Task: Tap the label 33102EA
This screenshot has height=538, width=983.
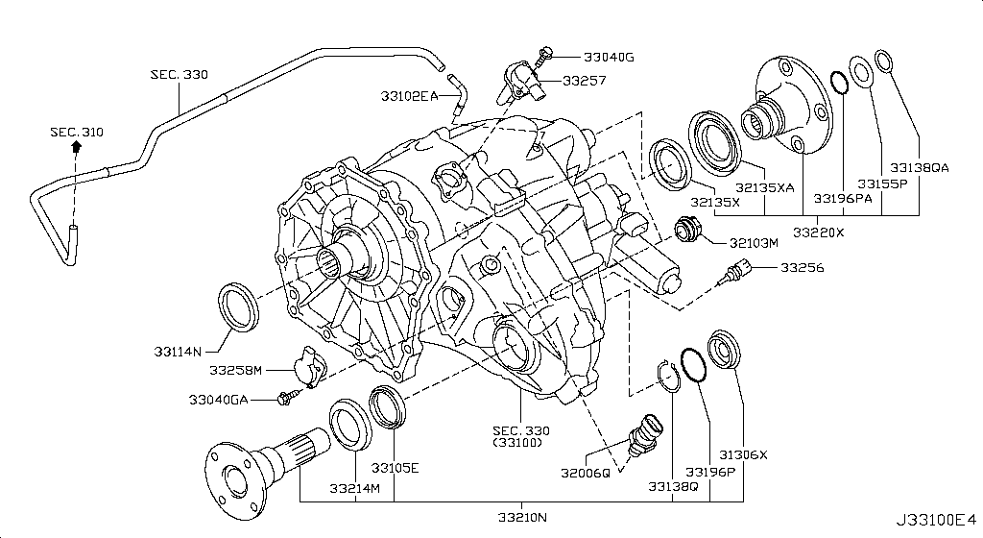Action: [x=409, y=96]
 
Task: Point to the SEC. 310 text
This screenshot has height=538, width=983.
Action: [x=76, y=132]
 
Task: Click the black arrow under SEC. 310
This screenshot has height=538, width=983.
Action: [x=76, y=148]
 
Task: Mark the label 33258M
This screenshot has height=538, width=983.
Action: [x=235, y=369]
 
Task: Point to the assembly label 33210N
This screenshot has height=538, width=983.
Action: [x=521, y=519]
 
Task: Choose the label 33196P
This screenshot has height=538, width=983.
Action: [x=711, y=471]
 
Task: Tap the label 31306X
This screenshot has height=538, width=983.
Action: [x=744, y=454]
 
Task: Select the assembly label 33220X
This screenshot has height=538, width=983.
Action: [x=819, y=232]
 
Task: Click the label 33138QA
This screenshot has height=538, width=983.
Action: [x=919, y=166]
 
